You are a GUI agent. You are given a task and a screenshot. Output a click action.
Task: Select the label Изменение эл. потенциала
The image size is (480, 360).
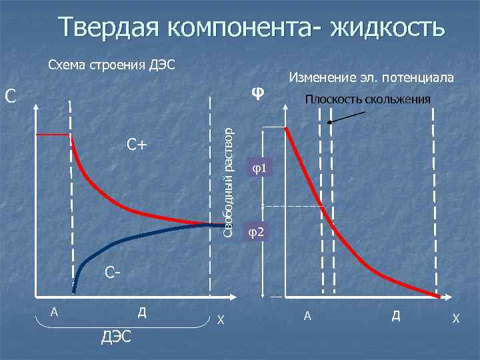(371, 78)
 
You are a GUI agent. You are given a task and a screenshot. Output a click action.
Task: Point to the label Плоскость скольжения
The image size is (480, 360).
(367, 100)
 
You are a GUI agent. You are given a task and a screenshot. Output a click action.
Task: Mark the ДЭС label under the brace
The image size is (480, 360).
(116, 337)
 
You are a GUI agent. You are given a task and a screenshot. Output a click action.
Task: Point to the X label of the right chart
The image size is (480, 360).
(456, 319)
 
